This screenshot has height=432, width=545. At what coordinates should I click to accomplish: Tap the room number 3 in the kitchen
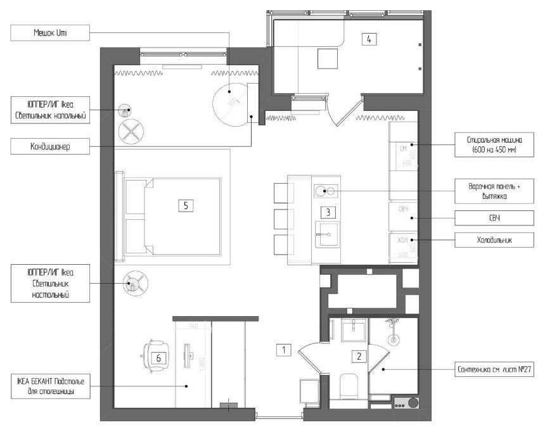pyautogui.click(x=326, y=212)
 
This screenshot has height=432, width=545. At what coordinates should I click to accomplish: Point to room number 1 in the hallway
pyautogui.click(x=284, y=349)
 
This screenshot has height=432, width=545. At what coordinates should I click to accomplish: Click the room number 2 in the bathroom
pyautogui.click(x=359, y=357)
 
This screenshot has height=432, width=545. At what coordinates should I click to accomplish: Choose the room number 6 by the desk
pyautogui.click(x=159, y=358)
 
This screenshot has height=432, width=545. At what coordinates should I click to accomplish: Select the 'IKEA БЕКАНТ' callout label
pyautogui.click(x=50, y=386)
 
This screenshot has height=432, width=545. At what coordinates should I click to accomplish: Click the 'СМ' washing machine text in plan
pyautogui.click(x=402, y=148)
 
